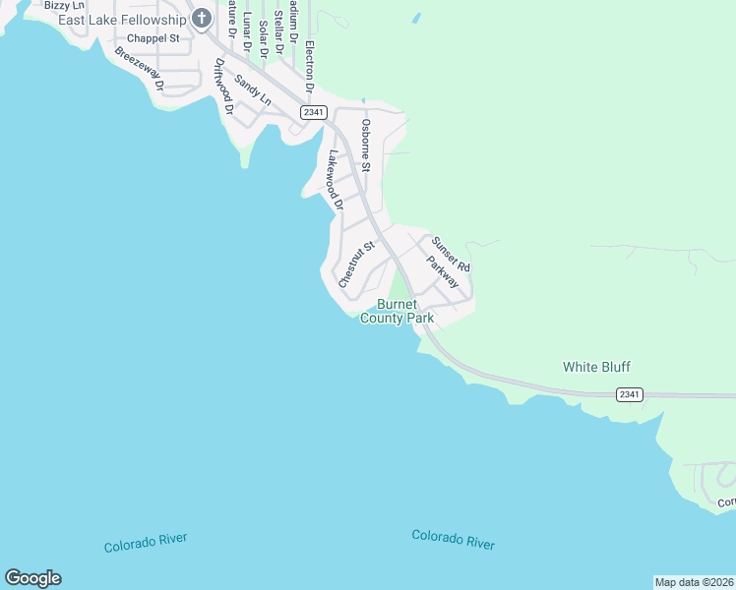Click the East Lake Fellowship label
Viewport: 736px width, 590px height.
(x=122, y=19)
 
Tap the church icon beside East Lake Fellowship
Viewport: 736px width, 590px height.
(x=202, y=18)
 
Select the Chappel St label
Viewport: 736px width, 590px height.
(x=154, y=37)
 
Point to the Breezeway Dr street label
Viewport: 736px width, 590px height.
(x=139, y=69)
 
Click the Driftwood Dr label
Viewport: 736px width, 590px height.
(x=222, y=88)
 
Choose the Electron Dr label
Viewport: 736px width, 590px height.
(x=308, y=66)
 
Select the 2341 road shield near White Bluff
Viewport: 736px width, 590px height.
(x=630, y=394)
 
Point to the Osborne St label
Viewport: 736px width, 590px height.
(x=365, y=146)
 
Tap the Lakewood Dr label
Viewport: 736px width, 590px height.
(x=336, y=181)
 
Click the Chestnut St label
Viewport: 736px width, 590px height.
(x=356, y=265)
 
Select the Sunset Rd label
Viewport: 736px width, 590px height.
(x=451, y=254)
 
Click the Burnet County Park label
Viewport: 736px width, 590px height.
(x=398, y=312)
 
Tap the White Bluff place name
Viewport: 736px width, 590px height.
(x=596, y=367)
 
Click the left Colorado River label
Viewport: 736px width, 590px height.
(x=146, y=543)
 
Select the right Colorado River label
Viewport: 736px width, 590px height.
(x=453, y=539)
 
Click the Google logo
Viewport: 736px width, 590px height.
(x=32, y=578)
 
